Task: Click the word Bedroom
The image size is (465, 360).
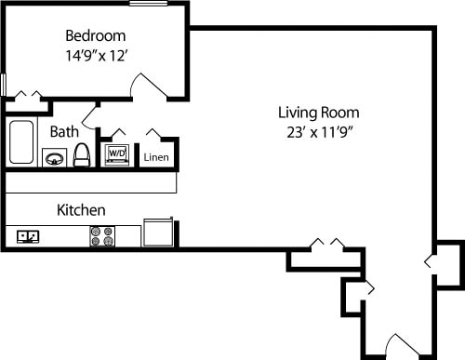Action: click(95, 36)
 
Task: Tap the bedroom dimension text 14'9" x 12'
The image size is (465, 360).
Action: click(95, 55)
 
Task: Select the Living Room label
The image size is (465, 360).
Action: click(319, 113)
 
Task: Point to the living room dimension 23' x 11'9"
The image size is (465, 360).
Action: click(319, 132)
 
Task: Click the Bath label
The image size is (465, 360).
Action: click(64, 132)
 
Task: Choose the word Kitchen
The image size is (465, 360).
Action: click(81, 210)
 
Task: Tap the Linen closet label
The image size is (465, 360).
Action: click(156, 157)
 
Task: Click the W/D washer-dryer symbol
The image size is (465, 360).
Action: click(117, 153)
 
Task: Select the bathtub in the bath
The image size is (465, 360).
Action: click(20, 142)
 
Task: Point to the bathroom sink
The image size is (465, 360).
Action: click(55, 158)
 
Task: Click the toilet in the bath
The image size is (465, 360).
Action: click(81, 154)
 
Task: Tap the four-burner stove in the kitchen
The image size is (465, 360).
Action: click(101, 236)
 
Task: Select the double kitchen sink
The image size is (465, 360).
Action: click(28, 236)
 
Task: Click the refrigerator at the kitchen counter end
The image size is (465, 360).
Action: click(157, 233)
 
